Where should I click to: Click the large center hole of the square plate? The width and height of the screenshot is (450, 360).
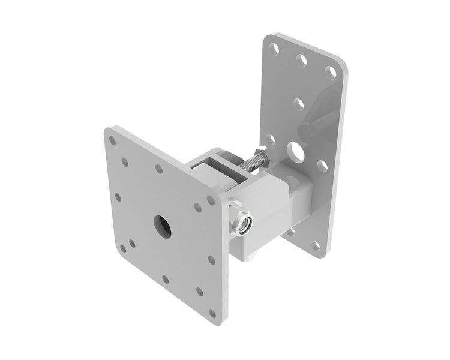coord(161,226)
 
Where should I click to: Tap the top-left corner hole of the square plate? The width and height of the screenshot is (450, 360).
coord(112,140)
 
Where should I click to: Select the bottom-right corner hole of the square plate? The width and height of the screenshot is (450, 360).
coord(212,313)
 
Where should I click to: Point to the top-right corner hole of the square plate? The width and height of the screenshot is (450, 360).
coord(211,200)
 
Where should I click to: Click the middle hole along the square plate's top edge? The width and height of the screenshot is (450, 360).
coord(159,169)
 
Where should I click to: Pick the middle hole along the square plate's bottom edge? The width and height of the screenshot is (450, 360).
coord(165,279)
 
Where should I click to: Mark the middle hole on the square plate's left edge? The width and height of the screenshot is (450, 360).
coord(118,197)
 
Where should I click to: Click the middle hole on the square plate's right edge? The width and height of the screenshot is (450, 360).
coord(211,260)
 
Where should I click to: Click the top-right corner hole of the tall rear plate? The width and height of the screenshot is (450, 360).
coord(331,72)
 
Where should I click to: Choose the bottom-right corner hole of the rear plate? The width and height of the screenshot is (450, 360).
coord(315,245)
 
